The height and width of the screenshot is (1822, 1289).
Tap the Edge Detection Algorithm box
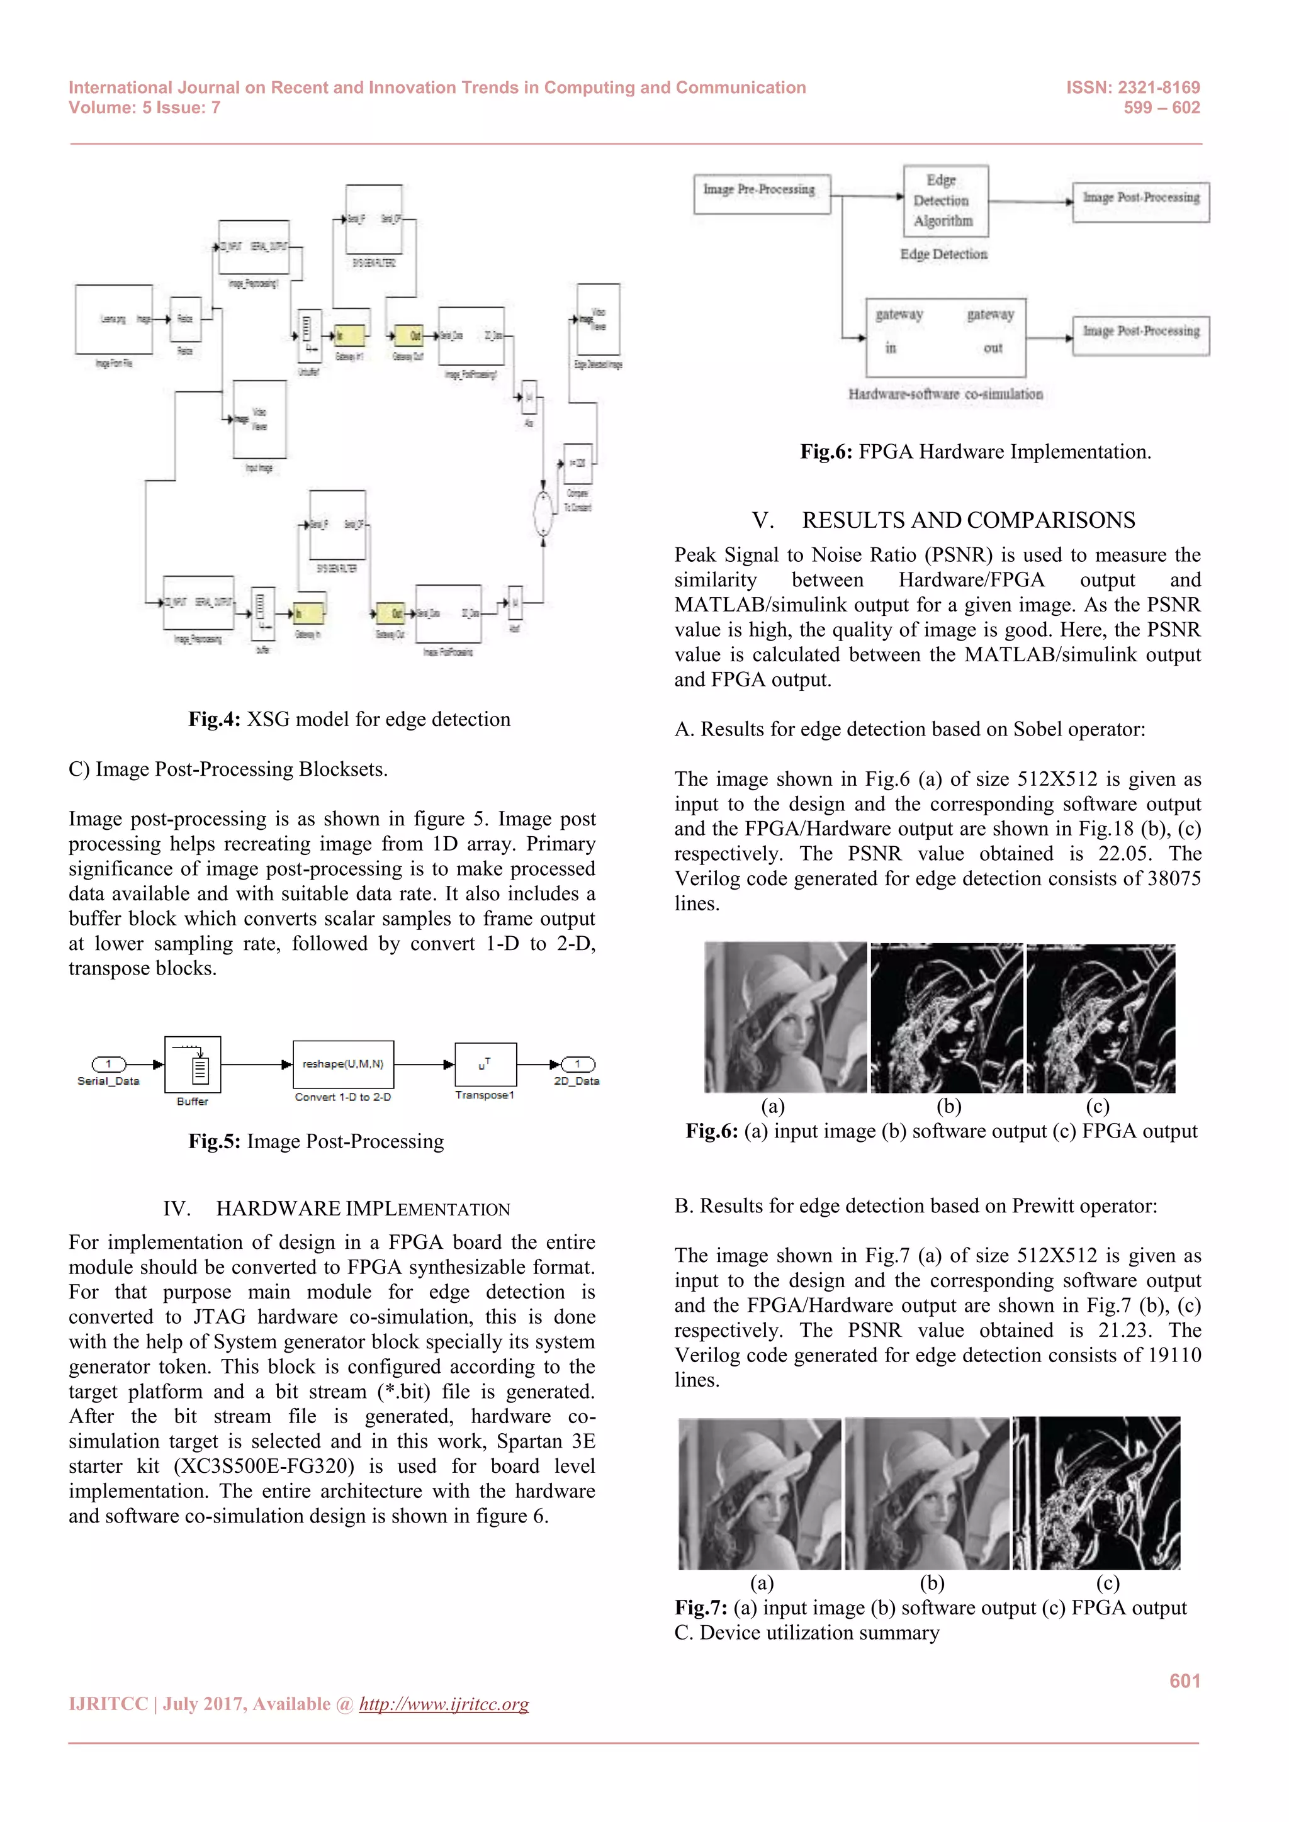945,201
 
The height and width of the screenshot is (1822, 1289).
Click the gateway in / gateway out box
945,337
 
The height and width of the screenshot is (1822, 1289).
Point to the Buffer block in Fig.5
192,1065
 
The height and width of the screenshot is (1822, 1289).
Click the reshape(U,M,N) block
343,1064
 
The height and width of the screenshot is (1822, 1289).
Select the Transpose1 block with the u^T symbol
485,1064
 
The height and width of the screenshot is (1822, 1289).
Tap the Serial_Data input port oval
109,1063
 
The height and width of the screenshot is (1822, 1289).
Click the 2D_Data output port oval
578,1063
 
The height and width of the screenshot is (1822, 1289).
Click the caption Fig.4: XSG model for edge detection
349,719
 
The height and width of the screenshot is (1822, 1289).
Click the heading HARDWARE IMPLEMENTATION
363,1209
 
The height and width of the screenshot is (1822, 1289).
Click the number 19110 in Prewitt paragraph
1174,1355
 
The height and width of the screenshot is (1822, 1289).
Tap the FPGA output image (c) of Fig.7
1096,1493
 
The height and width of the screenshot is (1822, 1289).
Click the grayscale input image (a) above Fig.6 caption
785,1017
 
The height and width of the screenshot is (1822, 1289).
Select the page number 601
1183,1680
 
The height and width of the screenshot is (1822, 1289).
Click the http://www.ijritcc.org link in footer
444,1704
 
